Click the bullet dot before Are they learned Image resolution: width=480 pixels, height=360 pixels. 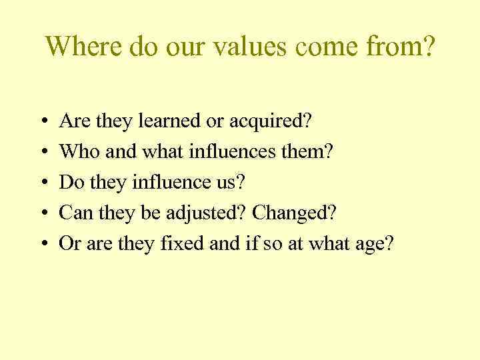coord(42,122)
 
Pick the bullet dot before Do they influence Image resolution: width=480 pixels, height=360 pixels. coord(42,183)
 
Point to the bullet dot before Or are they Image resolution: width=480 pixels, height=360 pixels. coord(42,245)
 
